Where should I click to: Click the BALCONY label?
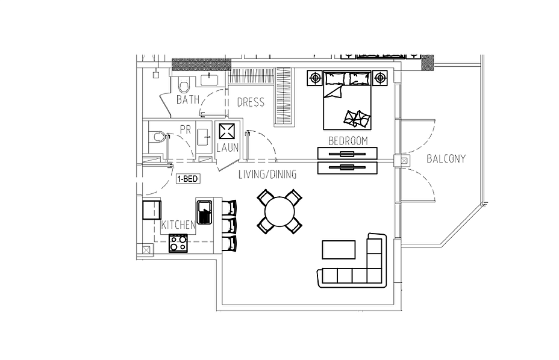pyautogui.click(x=446, y=159)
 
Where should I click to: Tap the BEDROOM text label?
pyautogui.click(x=348, y=140)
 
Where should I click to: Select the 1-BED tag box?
pyautogui.click(x=187, y=179)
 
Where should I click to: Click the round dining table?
pyautogui.click(x=280, y=212)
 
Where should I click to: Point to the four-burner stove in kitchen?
pyautogui.click(x=178, y=243)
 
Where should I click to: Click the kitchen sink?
pyautogui.click(x=205, y=213)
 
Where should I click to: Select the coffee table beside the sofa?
pyautogui.click(x=339, y=249)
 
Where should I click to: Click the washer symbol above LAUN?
pyautogui.click(x=227, y=132)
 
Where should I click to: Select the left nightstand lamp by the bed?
pyautogui.click(x=316, y=78)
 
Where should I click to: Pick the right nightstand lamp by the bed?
pyautogui.click(x=379, y=78)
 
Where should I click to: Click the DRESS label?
pyautogui.click(x=251, y=102)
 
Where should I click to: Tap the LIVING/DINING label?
pyautogui.click(x=267, y=175)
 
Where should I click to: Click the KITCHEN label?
pyautogui.click(x=178, y=225)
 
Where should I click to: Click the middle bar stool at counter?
pyautogui.click(x=230, y=225)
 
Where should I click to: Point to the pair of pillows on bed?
pyautogui.click(x=358, y=118)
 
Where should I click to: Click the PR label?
pyautogui.click(x=185, y=129)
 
